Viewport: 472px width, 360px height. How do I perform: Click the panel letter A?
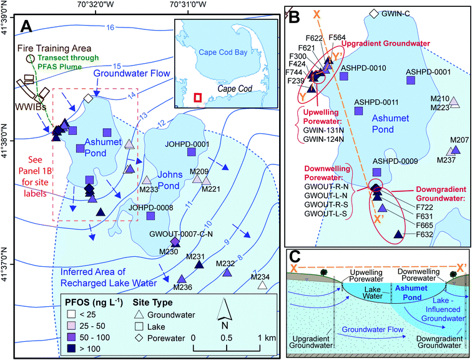pos(27,26)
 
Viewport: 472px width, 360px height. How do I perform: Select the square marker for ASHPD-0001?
pos(411,80)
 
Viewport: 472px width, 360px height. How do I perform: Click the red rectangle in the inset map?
pos(198,97)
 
